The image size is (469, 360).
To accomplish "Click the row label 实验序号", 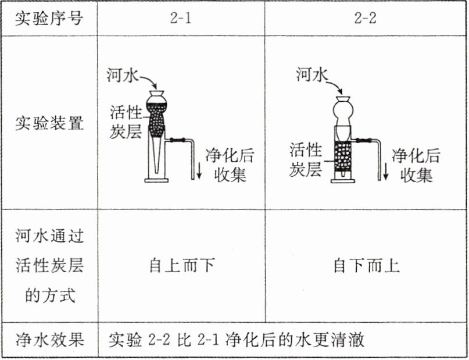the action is tap(49, 18).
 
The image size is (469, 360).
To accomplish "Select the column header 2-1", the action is tap(181, 18).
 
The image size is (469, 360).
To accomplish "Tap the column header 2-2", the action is tap(366, 18).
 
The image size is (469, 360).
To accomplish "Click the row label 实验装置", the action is tap(49, 123).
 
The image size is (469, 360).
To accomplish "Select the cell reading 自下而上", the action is tap(366, 266).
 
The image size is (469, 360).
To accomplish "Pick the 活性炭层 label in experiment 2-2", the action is tap(306, 160).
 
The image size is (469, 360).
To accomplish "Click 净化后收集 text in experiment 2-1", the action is tap(230, 165).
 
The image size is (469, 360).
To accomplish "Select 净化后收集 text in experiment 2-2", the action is tap(416, 165).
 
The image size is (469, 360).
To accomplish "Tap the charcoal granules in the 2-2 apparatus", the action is tap(343, 156).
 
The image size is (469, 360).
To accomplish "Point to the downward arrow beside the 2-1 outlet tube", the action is tap(199, 169).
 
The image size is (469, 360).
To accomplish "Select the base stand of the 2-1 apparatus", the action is tap(156, 180).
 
